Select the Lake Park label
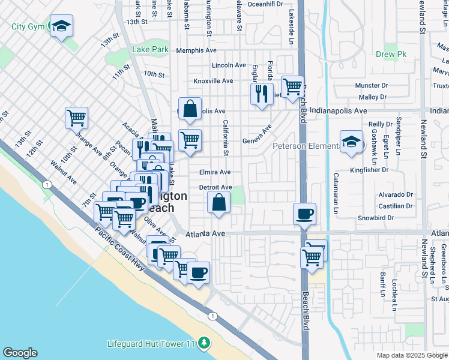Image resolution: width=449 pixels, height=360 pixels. pyautogui.click(x=150, y=51)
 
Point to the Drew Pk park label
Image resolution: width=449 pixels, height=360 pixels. pyautogui.click(x=391, y=55)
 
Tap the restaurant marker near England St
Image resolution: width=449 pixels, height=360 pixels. pyautogui.click(x=261, y=94)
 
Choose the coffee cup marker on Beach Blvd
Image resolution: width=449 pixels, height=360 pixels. pyautogui.click(x=305, y=214)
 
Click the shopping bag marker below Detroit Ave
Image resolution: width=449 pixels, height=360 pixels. pyautogui.click(x=218, y=203)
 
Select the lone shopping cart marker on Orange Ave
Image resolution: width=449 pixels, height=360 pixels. pyautogui.click(x=77, y=118)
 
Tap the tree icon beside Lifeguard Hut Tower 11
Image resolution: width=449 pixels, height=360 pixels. pyautogui.click(x=205, y=343)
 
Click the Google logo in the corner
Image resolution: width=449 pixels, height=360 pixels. pyautogui.click(x=20, y=353)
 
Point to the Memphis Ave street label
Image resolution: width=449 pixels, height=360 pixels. pyautogui.click(x=194, y=51)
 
